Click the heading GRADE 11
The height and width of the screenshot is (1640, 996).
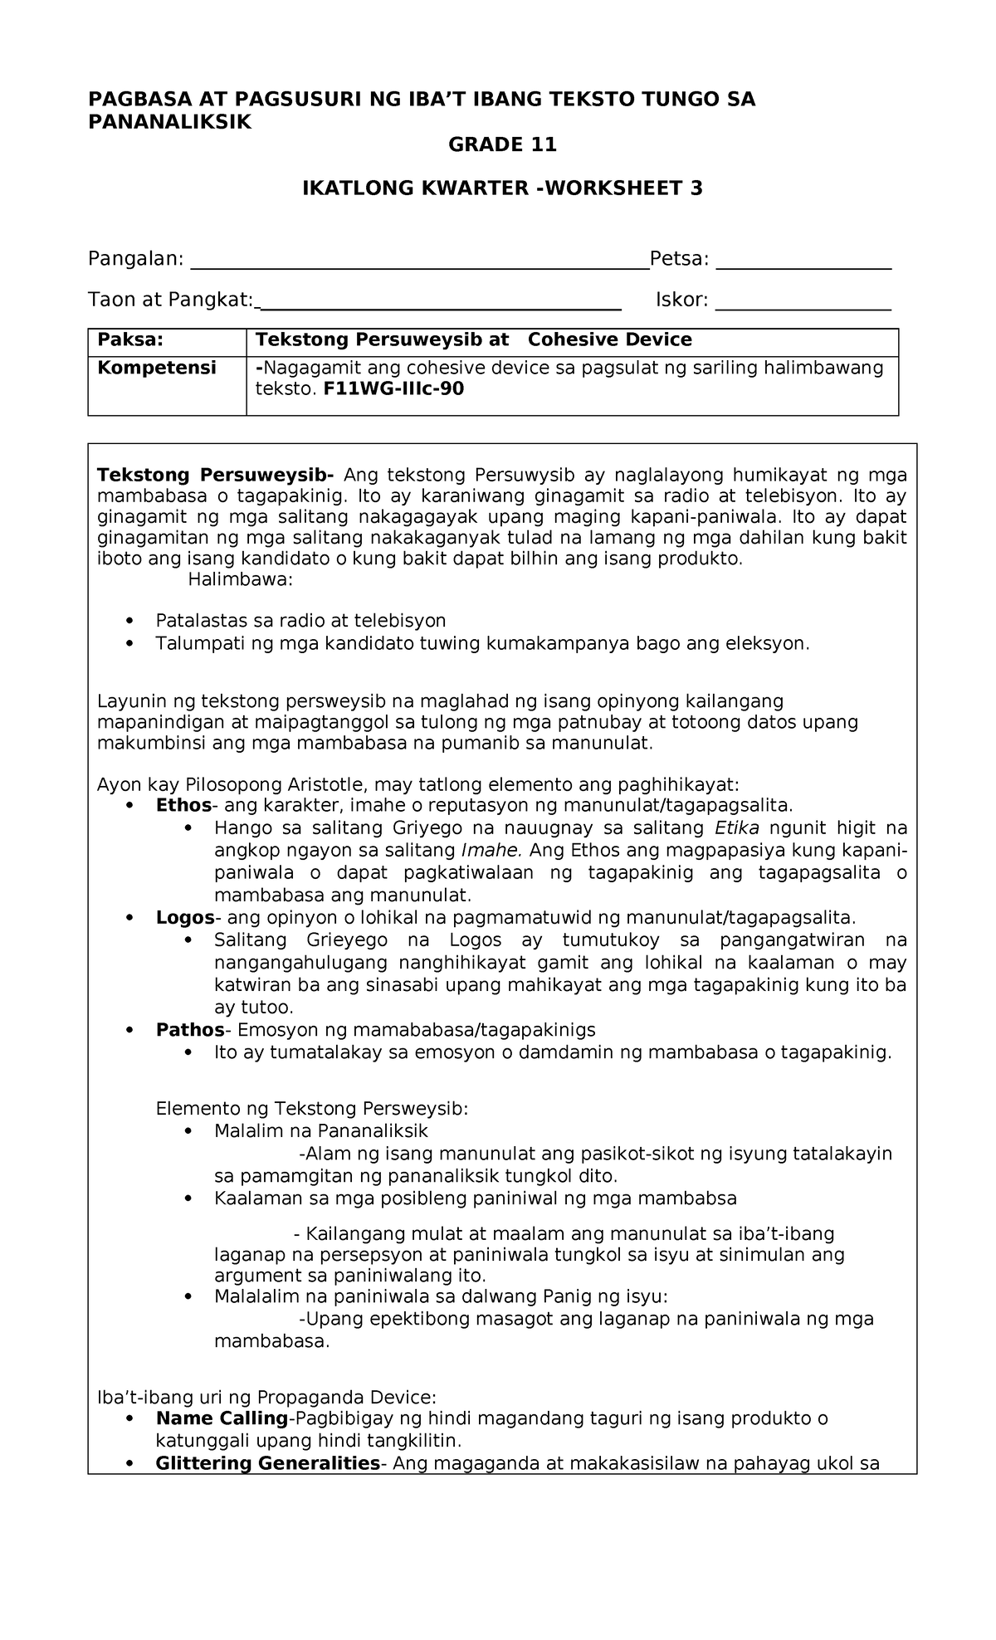(x=502, y=145)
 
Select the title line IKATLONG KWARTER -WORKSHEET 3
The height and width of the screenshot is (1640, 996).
(x=502, y=188)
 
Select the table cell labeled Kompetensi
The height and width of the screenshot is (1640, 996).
(x=157, y=368)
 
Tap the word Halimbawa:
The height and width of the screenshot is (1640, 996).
(x=241, y=579)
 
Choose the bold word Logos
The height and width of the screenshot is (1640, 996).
(x=185, y=917)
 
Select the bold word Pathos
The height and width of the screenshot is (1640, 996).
(x=190, y=1030)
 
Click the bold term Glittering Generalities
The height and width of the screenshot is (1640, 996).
(x=267, y=1462)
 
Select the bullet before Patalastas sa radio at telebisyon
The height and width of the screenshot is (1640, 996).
(x=128, y=622)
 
